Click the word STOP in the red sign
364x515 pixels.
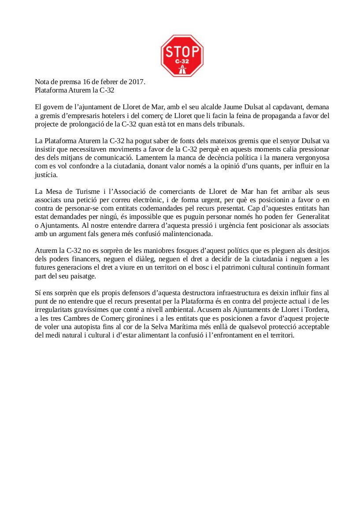point(182,52)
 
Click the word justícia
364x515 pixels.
point(46,174)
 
